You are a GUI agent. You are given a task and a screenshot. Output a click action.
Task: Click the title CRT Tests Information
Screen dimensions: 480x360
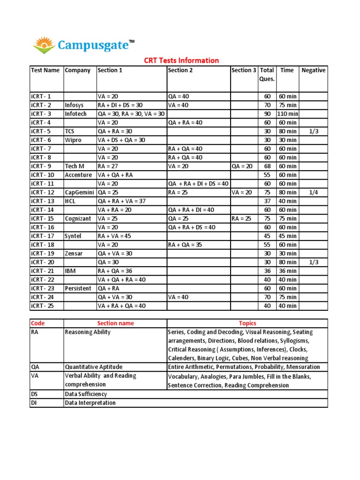pos(181,60)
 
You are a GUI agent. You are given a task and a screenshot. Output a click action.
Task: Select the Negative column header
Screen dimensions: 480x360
pos(313,70)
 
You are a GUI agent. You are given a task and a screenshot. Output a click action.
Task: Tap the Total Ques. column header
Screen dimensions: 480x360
pos(267,75)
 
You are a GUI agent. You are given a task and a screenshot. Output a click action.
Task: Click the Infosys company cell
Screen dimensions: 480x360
pos(74,105)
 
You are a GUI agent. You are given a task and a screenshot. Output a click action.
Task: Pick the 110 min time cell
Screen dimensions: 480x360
pos(287,114)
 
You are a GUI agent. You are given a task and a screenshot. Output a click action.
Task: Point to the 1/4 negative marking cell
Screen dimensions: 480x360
pos(314,192)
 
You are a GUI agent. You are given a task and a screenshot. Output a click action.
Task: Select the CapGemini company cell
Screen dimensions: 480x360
pos(80,192)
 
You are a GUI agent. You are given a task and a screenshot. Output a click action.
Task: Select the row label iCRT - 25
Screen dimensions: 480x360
pos(43,306)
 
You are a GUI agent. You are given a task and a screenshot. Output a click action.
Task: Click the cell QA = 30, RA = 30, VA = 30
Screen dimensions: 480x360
pos(131,114)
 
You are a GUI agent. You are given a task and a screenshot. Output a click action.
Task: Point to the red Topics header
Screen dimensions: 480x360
pos(247,323)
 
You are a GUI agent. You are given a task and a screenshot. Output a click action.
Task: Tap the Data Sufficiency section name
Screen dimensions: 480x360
pos(86,394)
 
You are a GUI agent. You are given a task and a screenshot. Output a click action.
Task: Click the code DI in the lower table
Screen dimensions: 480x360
pos(34,403)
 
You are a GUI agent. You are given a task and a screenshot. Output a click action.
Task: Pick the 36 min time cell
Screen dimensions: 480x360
pos(287,271)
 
